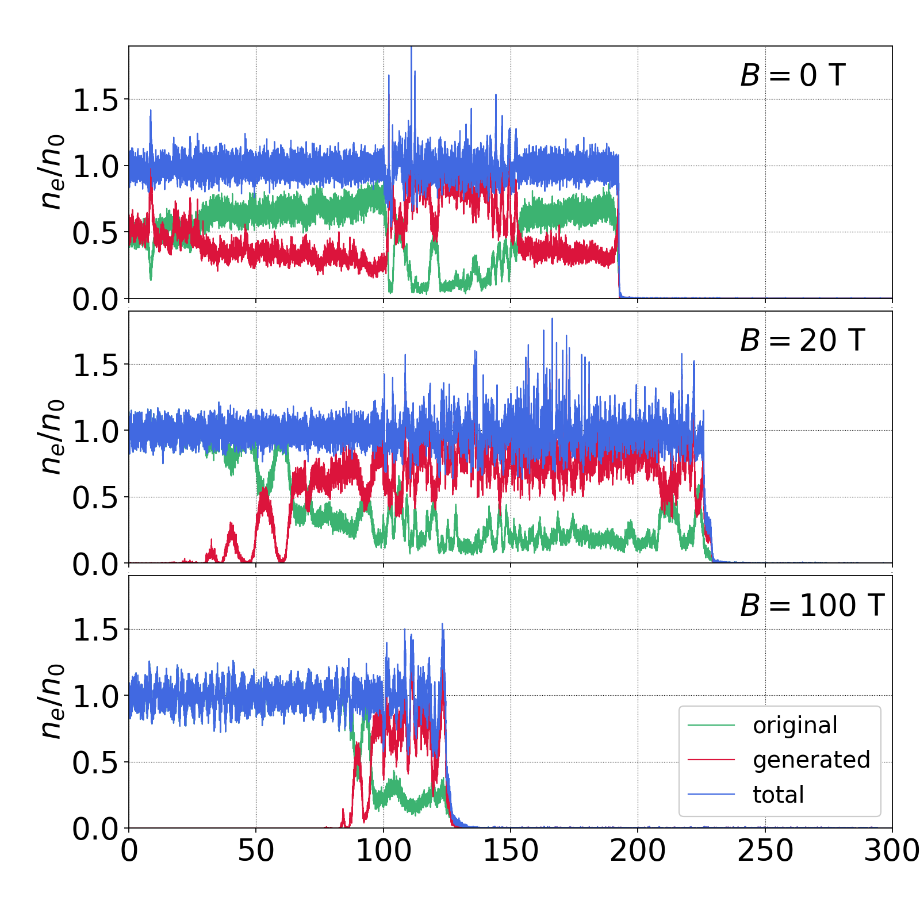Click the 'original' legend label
point(795,726)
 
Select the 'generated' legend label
point(811,760)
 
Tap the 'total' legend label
point(778,795)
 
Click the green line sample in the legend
point(711,726)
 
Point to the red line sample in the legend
point(711,760)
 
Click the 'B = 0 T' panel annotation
point(793,75)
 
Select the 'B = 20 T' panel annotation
point(803,340)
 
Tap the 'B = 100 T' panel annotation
point(812,605)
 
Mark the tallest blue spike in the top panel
point(411,49)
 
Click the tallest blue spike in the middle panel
point(552,320)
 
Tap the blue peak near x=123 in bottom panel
point(442,625)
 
